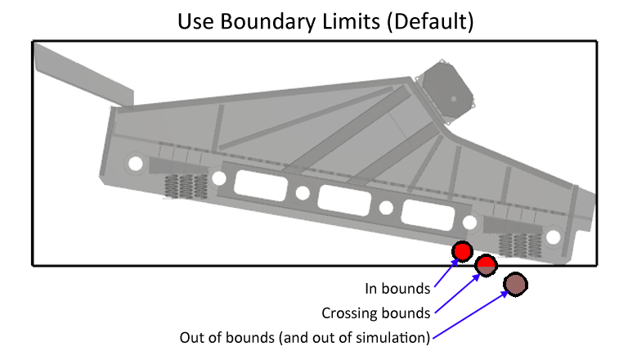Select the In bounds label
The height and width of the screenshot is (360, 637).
pyautogui.click(x=397, y=289)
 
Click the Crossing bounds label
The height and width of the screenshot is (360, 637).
pyautogui.click(x=375, y=313)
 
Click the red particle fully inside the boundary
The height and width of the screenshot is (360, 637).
pyautogui.click(x=463, y=251)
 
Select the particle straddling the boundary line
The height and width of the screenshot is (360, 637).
pyautogui.click(x=487, y=263)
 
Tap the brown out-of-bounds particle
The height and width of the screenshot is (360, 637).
pyautogui.click(x=516, y=284)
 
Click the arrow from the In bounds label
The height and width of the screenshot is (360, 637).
pyautogui.click(x=446, y=274)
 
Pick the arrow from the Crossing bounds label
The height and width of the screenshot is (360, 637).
pyautogui.click(x=455, y=291)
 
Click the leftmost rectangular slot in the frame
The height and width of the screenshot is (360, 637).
pyautogui.click(x=261, y=185)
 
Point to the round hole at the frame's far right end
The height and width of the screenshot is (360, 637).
pyautogui.click(x=554, y=236)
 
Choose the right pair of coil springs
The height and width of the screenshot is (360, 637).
pyautogui.click(x=517, y=245)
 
